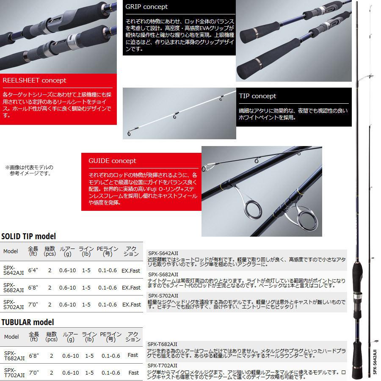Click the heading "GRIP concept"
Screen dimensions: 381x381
click(146, 7)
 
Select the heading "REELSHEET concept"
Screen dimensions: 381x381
click(34, 80)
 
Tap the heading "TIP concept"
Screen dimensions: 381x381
click(257, 96)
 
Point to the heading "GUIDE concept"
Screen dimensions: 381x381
click(112, 161)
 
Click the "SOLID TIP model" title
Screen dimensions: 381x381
click(28, 236)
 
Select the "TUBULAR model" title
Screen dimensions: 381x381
click(28, 322)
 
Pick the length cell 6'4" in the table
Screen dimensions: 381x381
click(33, 270)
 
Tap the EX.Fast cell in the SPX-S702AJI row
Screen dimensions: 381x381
click(131, 304)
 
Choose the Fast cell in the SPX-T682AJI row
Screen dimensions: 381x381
click(133, 355)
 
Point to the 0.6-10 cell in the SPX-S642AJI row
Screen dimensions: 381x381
click(68, 270)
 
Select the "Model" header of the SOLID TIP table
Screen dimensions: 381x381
click(11, 251)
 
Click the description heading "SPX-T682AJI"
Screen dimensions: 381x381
click(163, 344)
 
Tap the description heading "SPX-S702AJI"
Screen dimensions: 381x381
click(163, 295)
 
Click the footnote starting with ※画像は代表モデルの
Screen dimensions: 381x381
click(29, 170)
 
